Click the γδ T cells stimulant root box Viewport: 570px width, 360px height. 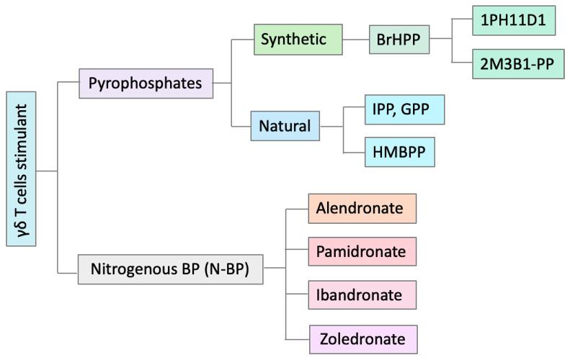[21, 171]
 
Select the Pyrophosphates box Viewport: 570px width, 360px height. [145, 83]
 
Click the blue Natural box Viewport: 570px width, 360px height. [285, 126]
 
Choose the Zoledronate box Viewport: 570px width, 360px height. [363, 338]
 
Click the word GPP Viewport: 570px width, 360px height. [419, 109]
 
